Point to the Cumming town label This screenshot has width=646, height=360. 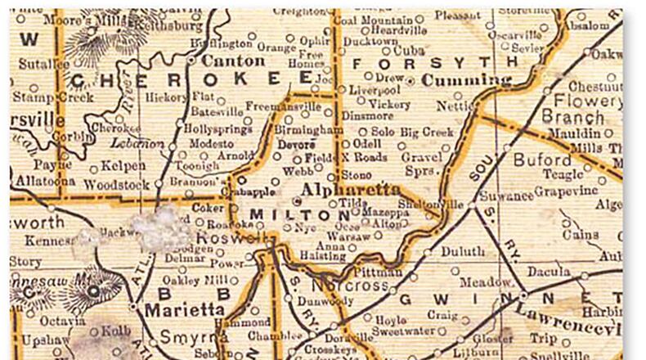click(x=463, y=80)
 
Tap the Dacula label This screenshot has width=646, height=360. click(x=550, y=271)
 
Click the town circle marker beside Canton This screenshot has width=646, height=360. click(x=191, y=61)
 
